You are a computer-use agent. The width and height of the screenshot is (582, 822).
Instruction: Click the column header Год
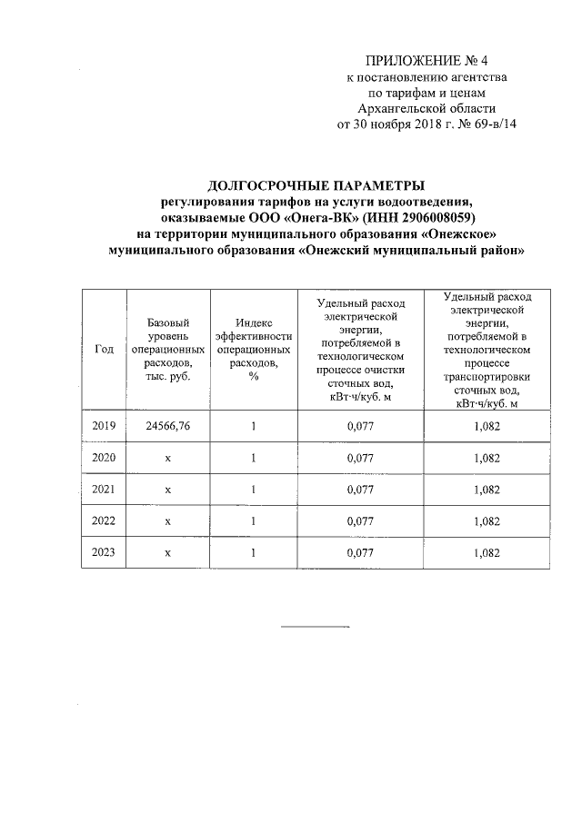[104, 350]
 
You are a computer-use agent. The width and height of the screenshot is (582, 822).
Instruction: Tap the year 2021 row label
[104, 489]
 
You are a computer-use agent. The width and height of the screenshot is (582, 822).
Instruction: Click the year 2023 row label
[104, 551]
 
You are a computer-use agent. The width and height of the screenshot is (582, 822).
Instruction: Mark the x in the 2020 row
[168, 458]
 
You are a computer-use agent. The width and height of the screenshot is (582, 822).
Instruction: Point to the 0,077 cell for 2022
[361, 520]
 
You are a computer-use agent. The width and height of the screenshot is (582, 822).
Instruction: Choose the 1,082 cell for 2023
[487, 551]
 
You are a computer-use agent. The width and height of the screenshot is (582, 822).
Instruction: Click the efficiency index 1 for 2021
[254, 489]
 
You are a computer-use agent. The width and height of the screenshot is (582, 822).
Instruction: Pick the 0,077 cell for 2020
[361, 458]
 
